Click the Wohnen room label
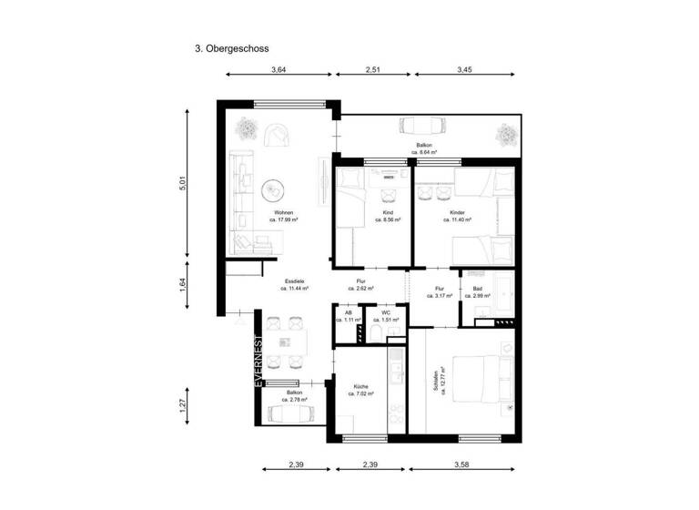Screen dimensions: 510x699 pyautogui.click(x=284, y=215)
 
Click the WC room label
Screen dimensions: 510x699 pyautogui.click(x=386, y=316)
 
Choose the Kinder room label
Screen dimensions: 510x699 pyautogui.click(x=458, y=215)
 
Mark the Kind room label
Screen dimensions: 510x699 pyautogui.click(x=387, y=215)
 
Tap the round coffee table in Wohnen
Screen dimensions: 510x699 pyautogui.click(x=272, y=191)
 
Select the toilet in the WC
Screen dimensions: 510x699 pyautogui.click(x=376, y=336)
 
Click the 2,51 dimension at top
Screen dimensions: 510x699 pyautogui.click(x=374, y=68)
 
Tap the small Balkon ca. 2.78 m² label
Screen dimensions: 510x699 pyautogui.click(x=294, y=395)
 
